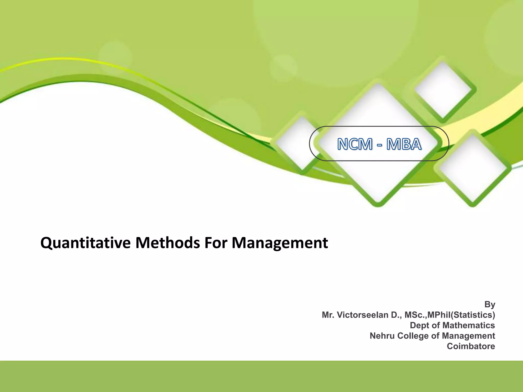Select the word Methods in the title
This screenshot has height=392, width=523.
168,243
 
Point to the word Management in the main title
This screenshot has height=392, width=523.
280,243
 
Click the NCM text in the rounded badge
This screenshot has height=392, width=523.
355,144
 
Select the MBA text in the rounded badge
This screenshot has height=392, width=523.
404,144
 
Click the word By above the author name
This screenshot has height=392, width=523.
490,304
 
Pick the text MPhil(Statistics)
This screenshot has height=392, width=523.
461,315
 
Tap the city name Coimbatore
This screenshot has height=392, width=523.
471,346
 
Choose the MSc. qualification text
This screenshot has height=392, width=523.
416,315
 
